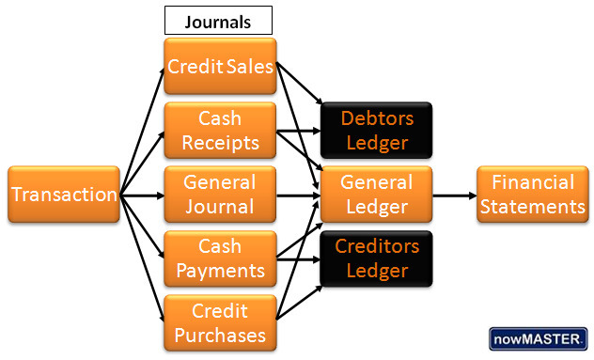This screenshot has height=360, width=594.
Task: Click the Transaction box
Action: (x=64, y=195)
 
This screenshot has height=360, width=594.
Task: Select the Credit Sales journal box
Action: (x=220, y=67)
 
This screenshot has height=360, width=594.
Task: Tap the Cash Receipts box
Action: (x=220, y=131)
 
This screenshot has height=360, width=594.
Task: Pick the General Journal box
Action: (x=220, y=195)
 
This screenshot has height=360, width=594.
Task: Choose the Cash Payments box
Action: (x=220, y=258)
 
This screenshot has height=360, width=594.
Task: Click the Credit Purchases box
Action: (x=220, y=322)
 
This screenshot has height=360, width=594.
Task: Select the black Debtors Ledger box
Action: (x=376, y=131)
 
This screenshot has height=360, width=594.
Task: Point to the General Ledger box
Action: (x=376, y=195)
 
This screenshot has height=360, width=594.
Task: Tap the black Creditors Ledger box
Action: (x=376, y=258)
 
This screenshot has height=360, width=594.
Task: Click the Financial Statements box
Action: (x=532, y=195)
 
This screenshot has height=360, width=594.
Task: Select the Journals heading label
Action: (x=218, y=20)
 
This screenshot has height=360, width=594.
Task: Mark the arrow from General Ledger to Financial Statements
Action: (x=454, y=196)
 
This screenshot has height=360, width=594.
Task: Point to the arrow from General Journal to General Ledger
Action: (x=298, y=196)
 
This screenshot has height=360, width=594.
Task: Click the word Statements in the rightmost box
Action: (x=532, y=207)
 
